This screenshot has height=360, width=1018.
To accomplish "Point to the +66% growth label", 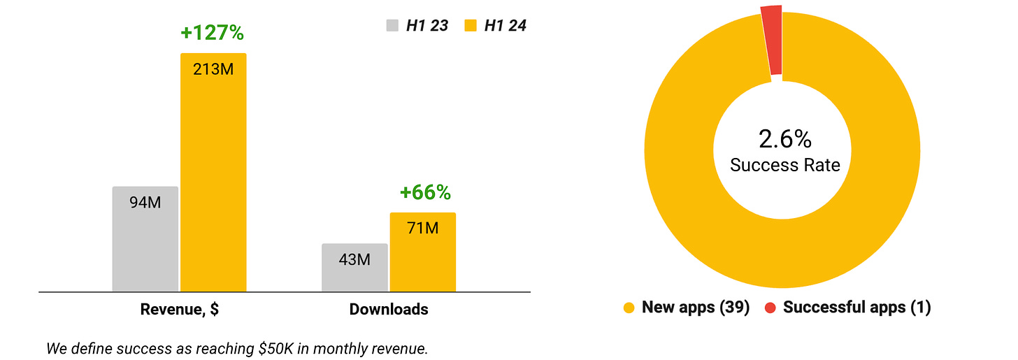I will coord(425,192).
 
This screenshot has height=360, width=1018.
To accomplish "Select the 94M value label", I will coord(145,203).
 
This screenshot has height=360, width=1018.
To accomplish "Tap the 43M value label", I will coord(354,259).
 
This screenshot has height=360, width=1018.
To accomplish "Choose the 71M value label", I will coord(422,228).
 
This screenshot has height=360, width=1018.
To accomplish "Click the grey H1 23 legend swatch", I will coord(392,26).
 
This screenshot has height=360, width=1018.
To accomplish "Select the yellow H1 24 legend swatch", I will coord(471,26).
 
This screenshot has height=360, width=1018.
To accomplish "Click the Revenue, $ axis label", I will coord(180,310).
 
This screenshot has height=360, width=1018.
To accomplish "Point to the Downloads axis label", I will coord(389,310).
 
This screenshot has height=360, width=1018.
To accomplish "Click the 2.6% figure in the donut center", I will coord(785,139).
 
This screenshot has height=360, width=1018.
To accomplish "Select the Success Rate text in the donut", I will coord(785,165).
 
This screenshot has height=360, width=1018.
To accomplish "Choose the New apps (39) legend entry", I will coord(695,308).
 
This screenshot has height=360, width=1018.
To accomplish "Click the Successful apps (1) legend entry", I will coord(856,308).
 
